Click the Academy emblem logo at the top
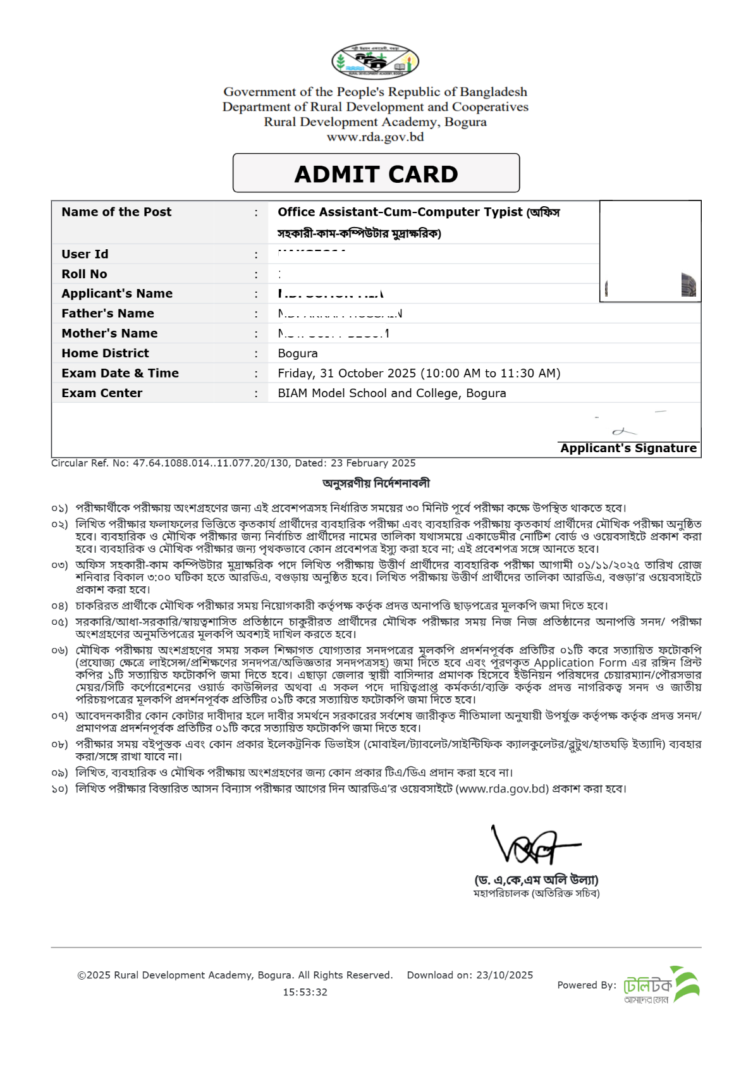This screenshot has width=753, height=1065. (x=375, y=61)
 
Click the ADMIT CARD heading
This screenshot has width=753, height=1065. (x=376, y=174)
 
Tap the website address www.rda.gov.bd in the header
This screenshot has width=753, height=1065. (x=375, y=137)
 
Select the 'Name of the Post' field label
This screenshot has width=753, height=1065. (x=116, y=212)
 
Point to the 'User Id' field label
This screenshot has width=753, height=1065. (x=85, y=254)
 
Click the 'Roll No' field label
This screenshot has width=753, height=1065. (x=84, y=274)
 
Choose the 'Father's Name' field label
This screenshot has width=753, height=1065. (x=107, y=314)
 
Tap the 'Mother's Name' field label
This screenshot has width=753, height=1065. (x=109, y=333)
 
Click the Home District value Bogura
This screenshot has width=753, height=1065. (x=298, y=354)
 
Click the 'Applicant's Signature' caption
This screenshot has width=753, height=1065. (x=628, y=448)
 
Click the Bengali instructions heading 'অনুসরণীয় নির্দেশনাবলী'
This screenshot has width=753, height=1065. (x=376, y=483)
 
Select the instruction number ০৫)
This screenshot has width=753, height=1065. (x=59, y=622)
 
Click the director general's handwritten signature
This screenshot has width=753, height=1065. (x=534, y=846)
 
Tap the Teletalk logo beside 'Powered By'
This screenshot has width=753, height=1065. (x=661, y=985)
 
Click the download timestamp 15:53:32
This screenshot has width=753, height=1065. (x=305, y=992)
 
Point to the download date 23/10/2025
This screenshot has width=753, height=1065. (x=505, y=975)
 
